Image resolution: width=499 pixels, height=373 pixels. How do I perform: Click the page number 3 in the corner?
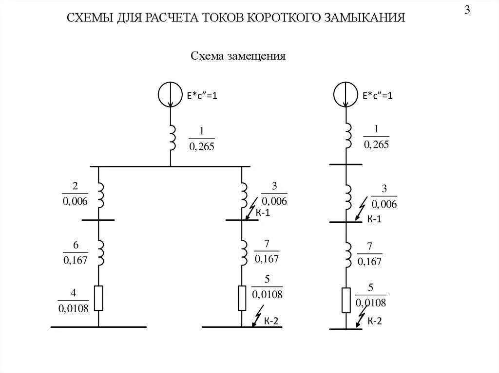(x=467, y=11)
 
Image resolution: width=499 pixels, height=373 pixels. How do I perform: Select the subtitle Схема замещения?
(x=238, y=56)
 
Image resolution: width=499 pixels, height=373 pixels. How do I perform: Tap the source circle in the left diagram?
(x=170, y=95)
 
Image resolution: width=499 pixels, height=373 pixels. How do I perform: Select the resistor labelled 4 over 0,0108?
(x=98, y=298)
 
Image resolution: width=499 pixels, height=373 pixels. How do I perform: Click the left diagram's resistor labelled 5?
(x=242, y=298)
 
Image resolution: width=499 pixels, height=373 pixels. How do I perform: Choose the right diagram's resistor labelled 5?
(x=346, y=300)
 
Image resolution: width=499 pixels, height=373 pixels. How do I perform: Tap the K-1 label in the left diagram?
(x=262, y=213)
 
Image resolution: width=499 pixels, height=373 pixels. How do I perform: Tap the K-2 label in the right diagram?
(x=374, y=320)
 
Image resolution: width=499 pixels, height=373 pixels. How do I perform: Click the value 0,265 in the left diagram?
(x=201, y=146)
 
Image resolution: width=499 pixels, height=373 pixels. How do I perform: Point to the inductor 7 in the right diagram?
(x=348, y=253)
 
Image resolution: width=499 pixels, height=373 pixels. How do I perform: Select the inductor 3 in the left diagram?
(x=244, y=195)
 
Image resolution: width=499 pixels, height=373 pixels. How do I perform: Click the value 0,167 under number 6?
(x=75, y=260)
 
